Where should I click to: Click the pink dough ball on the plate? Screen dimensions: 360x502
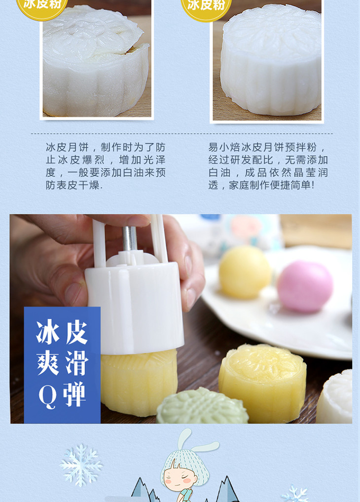[x=305, y=286]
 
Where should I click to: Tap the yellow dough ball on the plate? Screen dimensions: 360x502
[x=245, y=272]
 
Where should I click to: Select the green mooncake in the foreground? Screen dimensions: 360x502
[x=202, y=406]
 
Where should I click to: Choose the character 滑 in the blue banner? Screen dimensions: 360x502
[x=77, y=363]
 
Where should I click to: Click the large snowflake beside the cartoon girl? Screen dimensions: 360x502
[x=81, y=465]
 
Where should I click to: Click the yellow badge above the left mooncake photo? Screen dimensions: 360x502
[x=42, y=6]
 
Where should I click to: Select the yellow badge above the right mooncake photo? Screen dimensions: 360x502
[x=206, y=7]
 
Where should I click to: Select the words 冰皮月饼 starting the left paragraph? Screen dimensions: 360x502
[x=67, y=147]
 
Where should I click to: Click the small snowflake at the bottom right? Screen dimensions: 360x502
[x=295, y=494]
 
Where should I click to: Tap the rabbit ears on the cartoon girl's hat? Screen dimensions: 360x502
[x=199, y=440]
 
